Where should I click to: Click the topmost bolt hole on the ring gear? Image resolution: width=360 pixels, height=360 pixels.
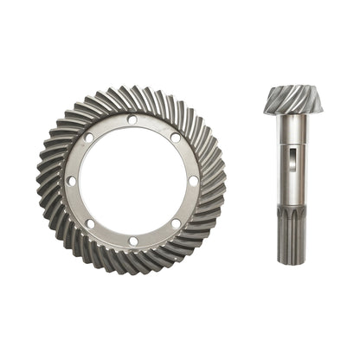coord(132,119)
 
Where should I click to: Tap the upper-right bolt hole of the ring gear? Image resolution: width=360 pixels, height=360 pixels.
coord(176,137)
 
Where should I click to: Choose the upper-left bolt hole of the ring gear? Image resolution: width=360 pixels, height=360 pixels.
coord(88,137)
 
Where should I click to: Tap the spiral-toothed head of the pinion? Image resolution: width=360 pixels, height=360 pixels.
coord(292,100)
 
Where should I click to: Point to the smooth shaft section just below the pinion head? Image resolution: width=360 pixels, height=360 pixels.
coord(292,130)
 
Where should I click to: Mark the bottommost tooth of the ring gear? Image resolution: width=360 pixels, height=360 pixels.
coord(132,271)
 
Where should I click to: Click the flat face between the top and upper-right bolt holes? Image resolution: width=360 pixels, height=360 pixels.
coord(156,124)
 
